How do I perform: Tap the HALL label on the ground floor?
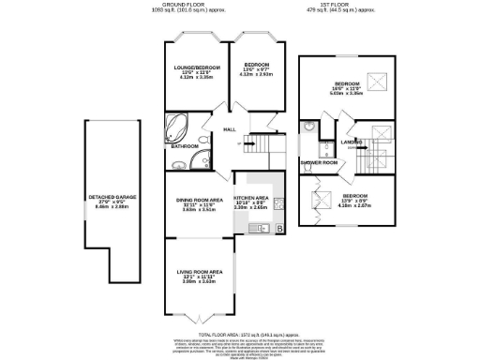pyautogui.click(x=229, y=130)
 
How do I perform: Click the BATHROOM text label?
pyautogui.click(x=184, y=146)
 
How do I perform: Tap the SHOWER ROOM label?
pyautogui.click(x=319, y=162)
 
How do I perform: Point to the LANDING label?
pyautogui.click(x=352, y=142)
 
